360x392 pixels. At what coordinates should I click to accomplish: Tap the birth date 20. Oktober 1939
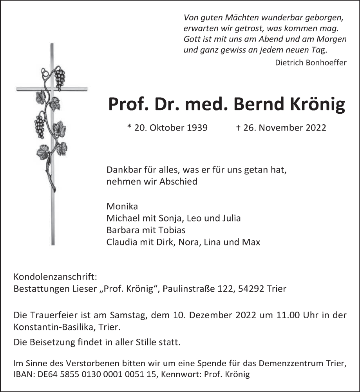point(167,128)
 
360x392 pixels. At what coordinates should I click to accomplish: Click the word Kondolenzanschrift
point(55,277)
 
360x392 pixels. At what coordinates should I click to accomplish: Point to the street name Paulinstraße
point(186,289)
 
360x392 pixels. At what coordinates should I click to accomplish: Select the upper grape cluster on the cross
point(60,79)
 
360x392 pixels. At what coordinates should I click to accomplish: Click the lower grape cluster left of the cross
point(40,126)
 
